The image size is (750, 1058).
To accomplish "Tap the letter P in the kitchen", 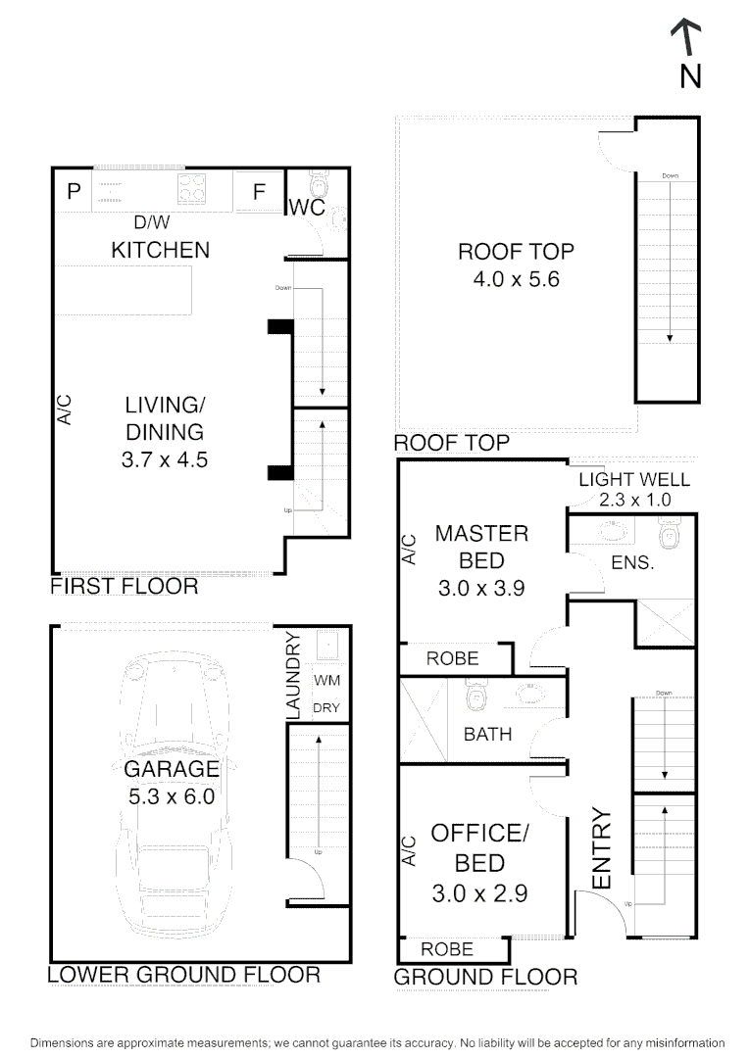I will (73, 192).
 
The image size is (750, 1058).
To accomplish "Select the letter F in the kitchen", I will (260, 192).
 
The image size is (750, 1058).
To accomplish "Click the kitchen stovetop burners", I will (192, 187).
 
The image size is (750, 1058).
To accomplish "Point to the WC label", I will (306, 209).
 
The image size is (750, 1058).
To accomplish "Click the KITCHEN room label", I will (160, 250).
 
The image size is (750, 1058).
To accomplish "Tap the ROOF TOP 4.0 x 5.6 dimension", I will (516, 279).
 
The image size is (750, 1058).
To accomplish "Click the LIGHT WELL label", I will (633, 480).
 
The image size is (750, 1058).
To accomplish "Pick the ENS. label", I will (631, 564).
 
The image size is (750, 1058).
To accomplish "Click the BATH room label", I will (487, 733).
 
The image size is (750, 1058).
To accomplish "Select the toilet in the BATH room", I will (476, 697).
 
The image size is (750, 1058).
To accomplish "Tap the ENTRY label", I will (602, 848).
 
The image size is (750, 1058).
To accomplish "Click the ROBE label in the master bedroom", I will (453, 659).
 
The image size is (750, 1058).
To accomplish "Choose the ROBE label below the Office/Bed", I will (447, 949).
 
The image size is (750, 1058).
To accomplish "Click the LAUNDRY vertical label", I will (292, 677).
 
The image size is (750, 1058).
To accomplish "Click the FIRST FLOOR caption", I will (125, 587).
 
